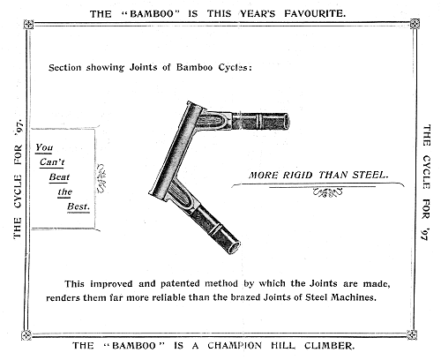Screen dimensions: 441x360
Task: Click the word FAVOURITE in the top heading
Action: pos(315,13)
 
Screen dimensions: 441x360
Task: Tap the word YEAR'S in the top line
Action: pos(258,13)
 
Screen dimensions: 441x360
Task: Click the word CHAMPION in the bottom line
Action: pos(235,345)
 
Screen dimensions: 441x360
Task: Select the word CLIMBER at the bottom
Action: pos(329,345)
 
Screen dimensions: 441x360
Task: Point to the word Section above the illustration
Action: pos(65,68)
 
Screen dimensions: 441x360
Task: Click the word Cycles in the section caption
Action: pos(235,68)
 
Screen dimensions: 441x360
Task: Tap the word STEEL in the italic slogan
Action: pos(370,175)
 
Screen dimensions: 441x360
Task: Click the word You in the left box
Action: pos(44,147)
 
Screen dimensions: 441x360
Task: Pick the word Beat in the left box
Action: pos(59,177)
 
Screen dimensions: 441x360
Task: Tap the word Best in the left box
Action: pos(78,206)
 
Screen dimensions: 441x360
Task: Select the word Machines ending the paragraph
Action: pos(354,297)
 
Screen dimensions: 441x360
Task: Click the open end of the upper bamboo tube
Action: pos(287,121)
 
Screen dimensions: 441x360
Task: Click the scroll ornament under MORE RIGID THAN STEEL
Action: pos(327,192)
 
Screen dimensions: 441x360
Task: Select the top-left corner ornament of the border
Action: pos(28,24)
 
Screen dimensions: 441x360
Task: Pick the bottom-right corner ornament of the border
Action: pos(412,334)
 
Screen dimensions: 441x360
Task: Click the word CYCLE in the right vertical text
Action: pos(426,172)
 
